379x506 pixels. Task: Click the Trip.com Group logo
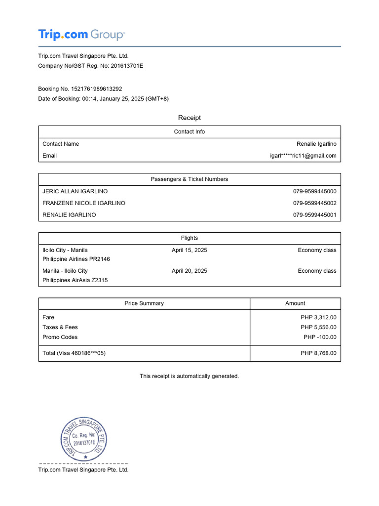81,35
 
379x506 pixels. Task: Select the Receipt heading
189,118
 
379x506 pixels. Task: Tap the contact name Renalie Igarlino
316,144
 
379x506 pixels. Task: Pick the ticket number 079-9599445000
314,191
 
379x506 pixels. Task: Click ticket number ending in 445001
314,215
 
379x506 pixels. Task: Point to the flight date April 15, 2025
189,250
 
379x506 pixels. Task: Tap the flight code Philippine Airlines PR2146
76,259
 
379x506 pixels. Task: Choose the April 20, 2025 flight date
189,271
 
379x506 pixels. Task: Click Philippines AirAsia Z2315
75,280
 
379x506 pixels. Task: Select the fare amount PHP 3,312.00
318,317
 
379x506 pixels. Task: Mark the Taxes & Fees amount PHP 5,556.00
318,327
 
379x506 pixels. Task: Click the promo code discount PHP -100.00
320,337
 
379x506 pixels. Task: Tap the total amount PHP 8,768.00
318,353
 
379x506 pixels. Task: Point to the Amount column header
295,303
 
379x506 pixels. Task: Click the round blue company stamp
84,439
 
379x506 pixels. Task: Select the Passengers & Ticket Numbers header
189,179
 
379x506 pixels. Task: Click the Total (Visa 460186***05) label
74,353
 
